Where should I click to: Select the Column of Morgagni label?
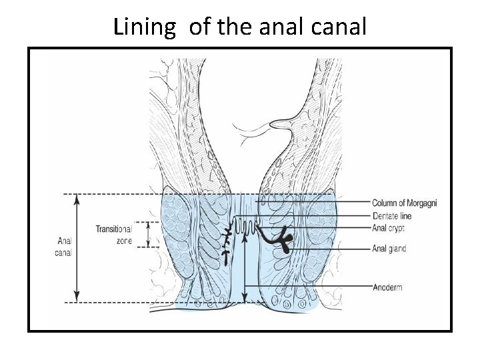pyautogui.click(x=404, y=203)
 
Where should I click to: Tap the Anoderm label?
pyautogui.click(x=387, y=287)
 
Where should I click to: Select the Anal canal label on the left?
pyautogui.click(x=65, y=247)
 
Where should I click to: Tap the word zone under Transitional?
pyautogui.click(x=123, y=241)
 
